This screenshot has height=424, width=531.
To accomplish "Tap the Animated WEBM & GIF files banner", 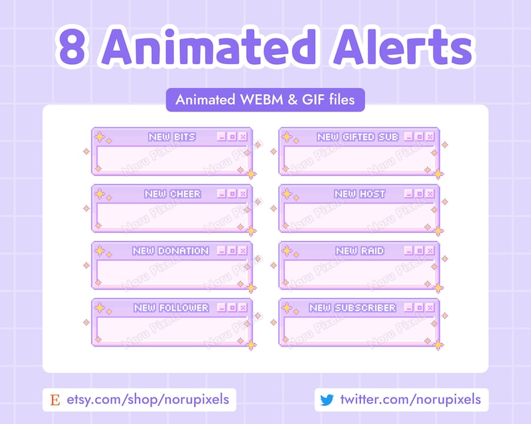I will pyautogui.click(x=265, y=100).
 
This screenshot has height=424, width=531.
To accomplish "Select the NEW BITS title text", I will pyautogui.click(x=172, y=137).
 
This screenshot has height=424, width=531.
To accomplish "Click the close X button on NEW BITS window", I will pyautogui.click(x=242, y=137).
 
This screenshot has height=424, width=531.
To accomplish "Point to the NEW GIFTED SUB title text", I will pyautogui.click(x=358, y=137).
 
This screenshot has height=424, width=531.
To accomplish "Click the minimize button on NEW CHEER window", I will pyautogui.click(x=221, y=194).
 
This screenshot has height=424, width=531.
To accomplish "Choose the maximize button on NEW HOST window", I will pyautogui.click(x=419, y=194).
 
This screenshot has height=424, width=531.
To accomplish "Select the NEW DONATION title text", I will pyautogui.click(x=171, y=251).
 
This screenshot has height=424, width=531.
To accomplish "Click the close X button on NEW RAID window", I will pyautogui.click(x=429, y=251).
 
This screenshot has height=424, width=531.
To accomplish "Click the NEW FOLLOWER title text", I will pyautogui.click(x=171, y=308).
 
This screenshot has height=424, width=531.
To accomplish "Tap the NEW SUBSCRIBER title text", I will pyautogui.click(x=352, y=308).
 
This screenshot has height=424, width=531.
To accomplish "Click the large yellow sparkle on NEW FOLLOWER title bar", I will pyautogui.click(x=100, y=307).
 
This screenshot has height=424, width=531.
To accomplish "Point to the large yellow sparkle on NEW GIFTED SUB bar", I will pyautogui.click(x=287, y=136).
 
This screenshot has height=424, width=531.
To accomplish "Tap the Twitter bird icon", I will pyautogui.click(x=326, y=400).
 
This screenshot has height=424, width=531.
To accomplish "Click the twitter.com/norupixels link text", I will pyautogui.click(x=410, y=400).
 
